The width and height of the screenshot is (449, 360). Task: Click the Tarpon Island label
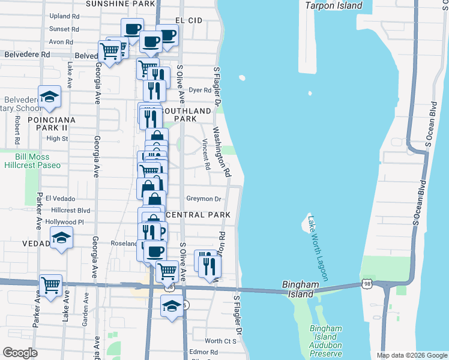[334, 5]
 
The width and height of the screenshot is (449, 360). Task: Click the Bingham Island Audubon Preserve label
[326, 341]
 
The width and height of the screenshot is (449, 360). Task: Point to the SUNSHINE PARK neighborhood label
[120, 4]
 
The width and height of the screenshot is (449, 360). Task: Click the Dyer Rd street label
[200, 91]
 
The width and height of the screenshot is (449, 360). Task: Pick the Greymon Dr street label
[204, 199]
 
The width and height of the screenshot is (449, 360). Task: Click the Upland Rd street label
[64, 16]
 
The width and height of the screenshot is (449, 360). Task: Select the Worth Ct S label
[220, 341]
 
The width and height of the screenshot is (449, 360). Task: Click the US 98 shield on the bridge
[367, 283]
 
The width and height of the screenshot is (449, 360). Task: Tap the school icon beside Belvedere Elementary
[50, 97]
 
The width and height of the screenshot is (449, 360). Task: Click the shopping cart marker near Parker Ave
[50, 284]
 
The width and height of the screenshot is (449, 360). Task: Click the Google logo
[20, 352]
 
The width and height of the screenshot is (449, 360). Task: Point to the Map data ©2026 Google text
[412, 355]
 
